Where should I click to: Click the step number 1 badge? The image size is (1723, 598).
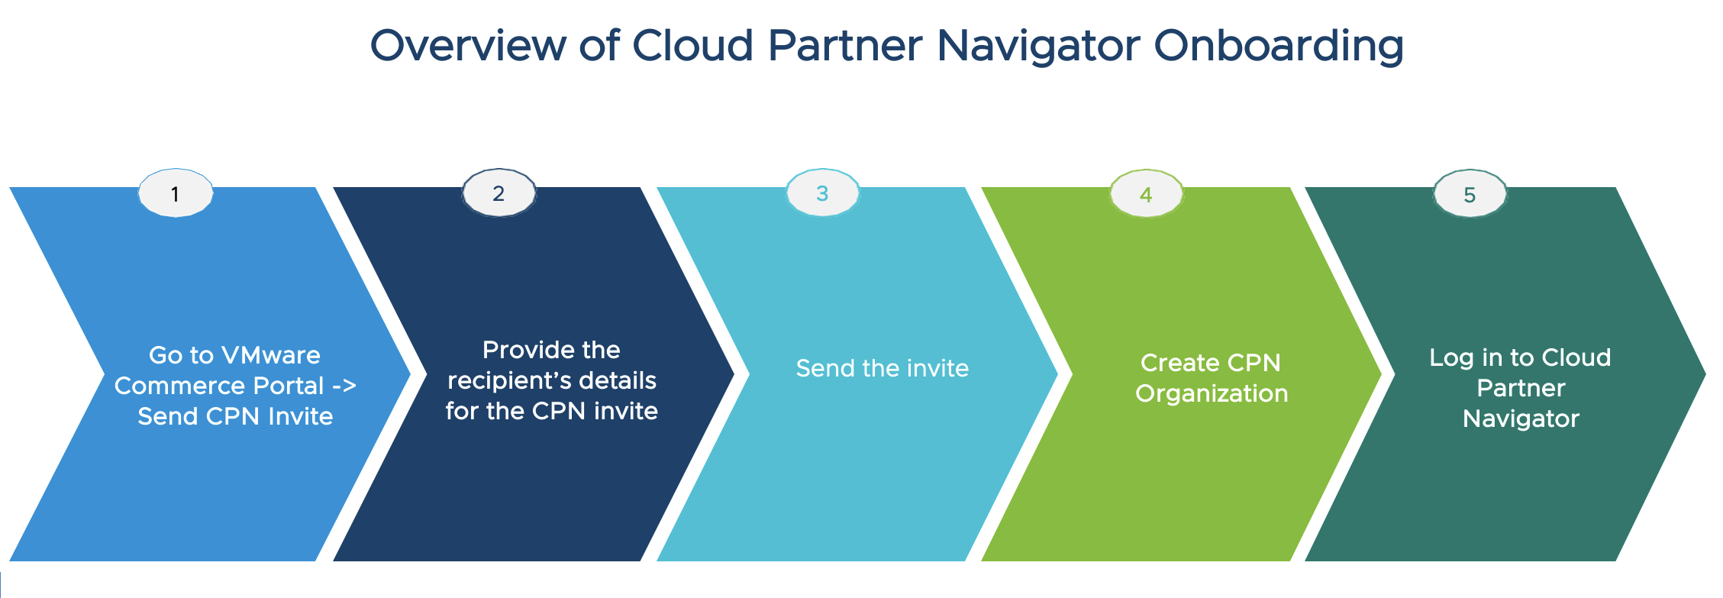pos(176,194)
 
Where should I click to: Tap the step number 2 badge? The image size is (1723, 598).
pos(499,193)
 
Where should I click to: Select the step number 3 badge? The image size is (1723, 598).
pos(822,193)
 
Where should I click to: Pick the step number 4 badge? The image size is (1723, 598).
pos(1146,195)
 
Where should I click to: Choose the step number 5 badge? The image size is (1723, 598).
pos(1470,195)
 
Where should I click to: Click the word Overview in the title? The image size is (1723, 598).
pos(467,46)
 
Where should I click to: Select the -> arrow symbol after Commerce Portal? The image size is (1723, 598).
pos(344,386)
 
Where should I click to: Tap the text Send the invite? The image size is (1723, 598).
pos(882,368)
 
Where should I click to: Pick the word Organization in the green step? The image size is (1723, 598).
pos(1212,393)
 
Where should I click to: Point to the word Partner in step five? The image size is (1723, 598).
pos(1521,388)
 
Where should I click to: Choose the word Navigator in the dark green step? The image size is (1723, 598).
pos(1521,419)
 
